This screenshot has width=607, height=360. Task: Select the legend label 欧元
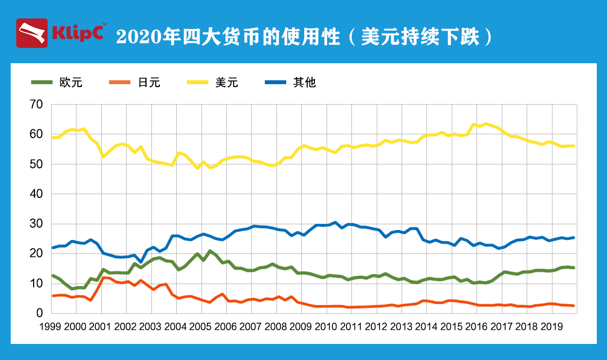click(71, 83)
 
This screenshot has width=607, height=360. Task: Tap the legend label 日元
click(149, 83)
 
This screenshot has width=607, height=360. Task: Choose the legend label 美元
click(227, 83)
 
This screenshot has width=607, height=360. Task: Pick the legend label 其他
click(305, 83)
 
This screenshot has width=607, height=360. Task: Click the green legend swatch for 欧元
click(42, 83)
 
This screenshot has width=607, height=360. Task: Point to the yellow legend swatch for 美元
click(198, 83)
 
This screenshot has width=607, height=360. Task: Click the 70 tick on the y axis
click(37, 104)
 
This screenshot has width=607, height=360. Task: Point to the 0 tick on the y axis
click(40, 313)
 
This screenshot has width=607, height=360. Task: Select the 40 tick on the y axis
click(37, 194)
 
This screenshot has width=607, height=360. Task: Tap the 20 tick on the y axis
click(37, 254)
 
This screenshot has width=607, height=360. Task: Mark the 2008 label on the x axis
click(275, 326)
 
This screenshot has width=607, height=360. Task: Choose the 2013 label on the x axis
click(400, 326)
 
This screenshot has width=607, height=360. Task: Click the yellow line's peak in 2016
click(485, 124)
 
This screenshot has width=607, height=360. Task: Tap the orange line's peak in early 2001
click(103, 277)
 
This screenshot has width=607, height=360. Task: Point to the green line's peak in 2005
click(210, 251)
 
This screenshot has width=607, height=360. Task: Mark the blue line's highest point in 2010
click(335, 223)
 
